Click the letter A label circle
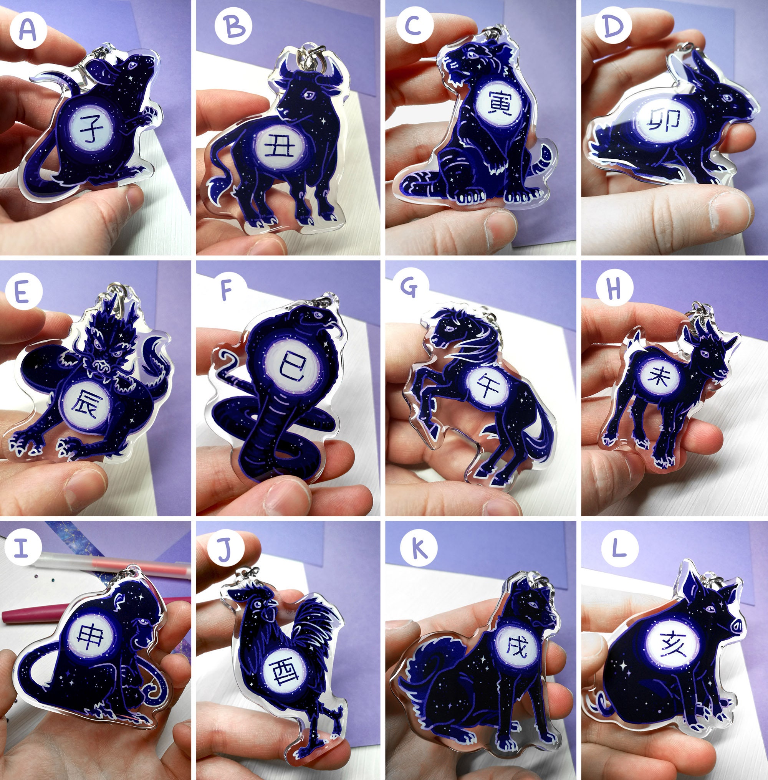coord(27,29)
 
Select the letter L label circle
coord(619,549)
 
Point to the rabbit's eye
coord(727,98)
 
